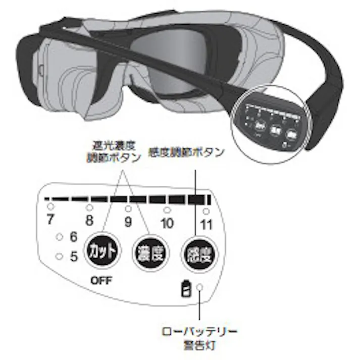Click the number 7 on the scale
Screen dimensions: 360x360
pos(50,221)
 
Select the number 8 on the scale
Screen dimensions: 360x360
pos(89,221)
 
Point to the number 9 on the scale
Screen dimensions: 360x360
pos(128,221)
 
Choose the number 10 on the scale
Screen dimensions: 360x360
pos(167,222)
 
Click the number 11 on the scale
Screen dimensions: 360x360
pos(206,222)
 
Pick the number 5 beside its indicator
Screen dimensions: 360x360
pos(74,256)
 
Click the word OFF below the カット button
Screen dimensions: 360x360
pos(102,281)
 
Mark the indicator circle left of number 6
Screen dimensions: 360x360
pos(60,236)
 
